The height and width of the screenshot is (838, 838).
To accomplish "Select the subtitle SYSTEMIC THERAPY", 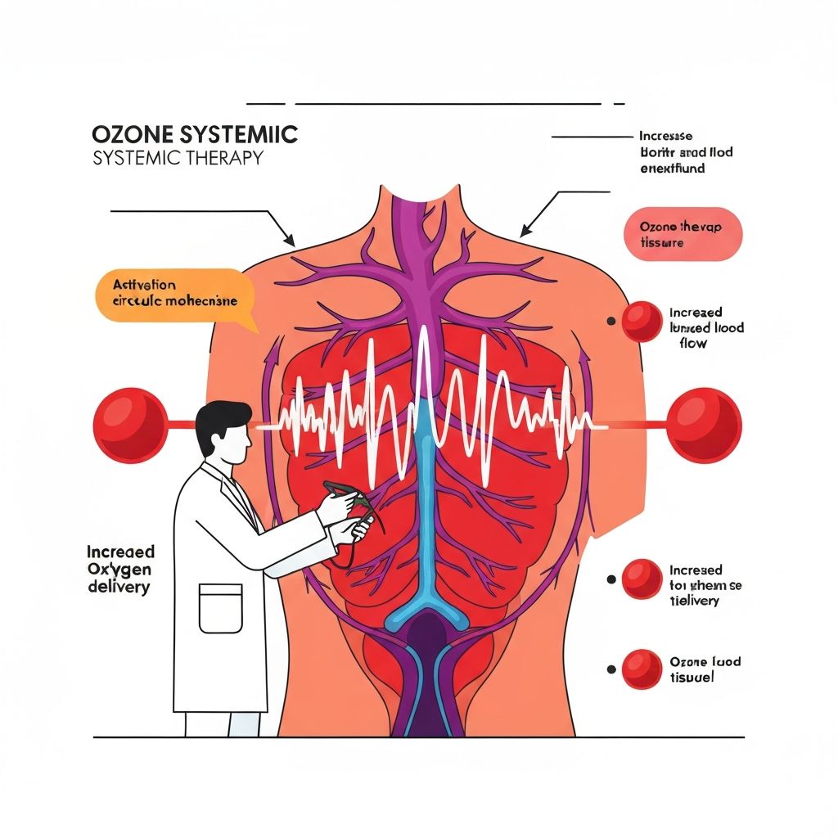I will [178, 158].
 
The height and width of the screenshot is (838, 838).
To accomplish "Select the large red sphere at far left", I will [129, 424].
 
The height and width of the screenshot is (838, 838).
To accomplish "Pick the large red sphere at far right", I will [705, 425].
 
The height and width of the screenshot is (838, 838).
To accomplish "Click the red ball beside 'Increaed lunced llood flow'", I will [641, 321].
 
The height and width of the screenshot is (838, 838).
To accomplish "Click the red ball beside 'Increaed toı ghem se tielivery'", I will [641, 579].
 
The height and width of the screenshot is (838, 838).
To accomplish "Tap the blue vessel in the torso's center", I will [423, 524].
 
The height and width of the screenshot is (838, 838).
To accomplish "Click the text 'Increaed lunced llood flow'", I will [706, 327].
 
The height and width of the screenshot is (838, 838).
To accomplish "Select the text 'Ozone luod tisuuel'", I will [705, 669].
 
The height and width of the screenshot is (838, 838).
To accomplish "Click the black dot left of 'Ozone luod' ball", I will [610, 669].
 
